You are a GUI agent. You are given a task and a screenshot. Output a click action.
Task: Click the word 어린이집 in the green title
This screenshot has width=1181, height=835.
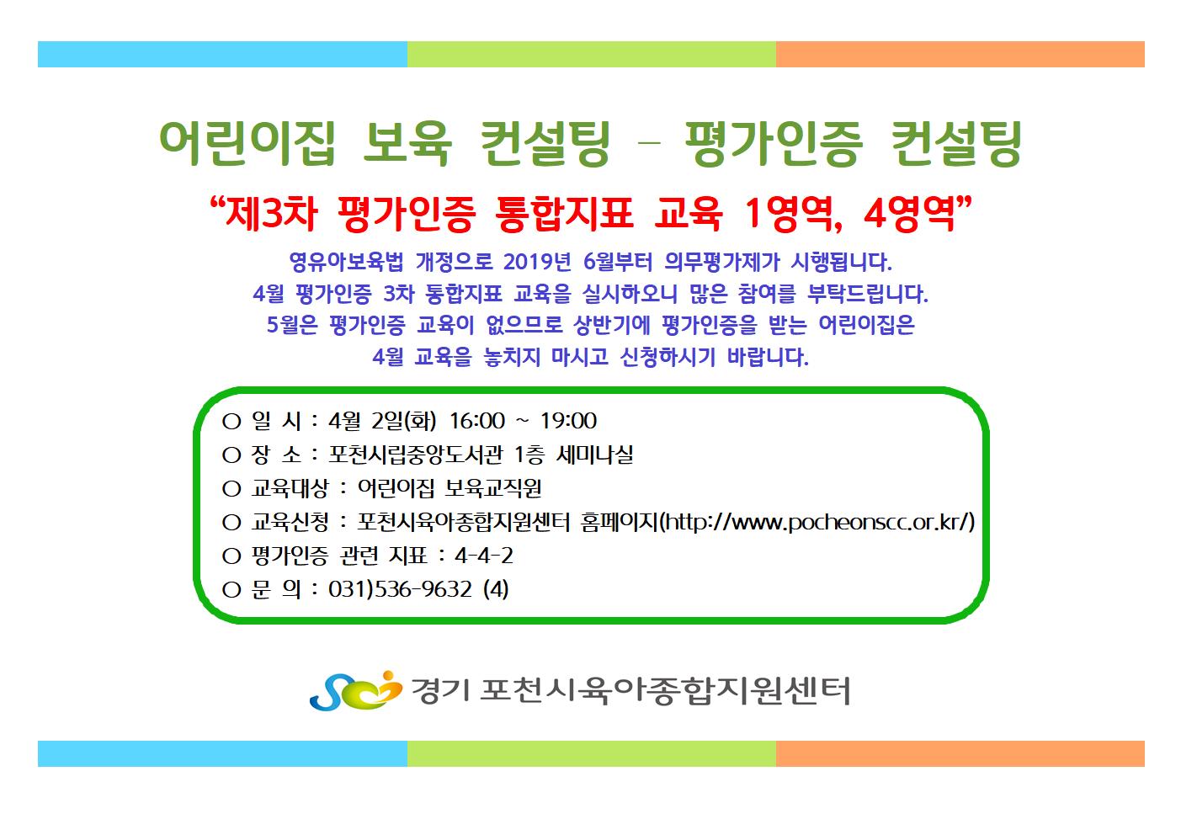click(247, 143)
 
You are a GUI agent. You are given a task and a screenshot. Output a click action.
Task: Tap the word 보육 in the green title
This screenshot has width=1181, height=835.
click(407, 143)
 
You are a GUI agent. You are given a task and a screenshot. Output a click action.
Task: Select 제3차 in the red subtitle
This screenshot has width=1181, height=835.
click(271, 215)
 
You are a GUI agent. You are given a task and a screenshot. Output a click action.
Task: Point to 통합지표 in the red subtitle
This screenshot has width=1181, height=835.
click(564, 215)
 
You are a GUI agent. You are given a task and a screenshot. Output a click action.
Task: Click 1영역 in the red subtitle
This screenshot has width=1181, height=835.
click(794, 215)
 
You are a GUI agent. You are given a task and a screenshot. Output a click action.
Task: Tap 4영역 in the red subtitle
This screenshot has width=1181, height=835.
click(909, 215)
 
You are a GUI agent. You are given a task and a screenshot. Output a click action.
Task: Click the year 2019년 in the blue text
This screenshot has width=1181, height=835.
click(537, 262)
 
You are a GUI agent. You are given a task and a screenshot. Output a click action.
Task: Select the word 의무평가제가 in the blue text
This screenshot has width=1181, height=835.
click(721, 262)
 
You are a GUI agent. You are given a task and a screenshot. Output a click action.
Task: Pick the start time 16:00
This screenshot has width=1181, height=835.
click(477, 421)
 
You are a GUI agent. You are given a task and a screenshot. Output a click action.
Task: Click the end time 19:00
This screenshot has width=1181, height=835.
click(568, 421)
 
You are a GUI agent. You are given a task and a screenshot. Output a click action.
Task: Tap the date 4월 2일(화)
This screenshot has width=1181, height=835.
click(382, 421)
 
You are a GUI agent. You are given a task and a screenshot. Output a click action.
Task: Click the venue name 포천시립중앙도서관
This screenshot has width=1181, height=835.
click(416, 455)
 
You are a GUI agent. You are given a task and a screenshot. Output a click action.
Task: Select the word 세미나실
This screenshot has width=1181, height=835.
click(595, 455)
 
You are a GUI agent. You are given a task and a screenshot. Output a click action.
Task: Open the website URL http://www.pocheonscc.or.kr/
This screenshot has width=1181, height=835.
click(817, 522)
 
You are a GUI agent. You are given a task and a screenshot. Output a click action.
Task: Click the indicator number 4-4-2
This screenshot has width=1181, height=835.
click(484, 556)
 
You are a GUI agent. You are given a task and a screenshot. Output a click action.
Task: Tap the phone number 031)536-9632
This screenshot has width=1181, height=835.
click(400, 589)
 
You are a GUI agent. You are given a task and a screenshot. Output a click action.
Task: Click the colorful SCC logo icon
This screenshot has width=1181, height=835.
click(355, 690)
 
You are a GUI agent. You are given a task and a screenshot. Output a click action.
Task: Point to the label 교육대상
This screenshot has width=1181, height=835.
click(290, 488)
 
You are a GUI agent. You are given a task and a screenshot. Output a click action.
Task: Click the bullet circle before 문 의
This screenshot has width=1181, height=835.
click(231, 590)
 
